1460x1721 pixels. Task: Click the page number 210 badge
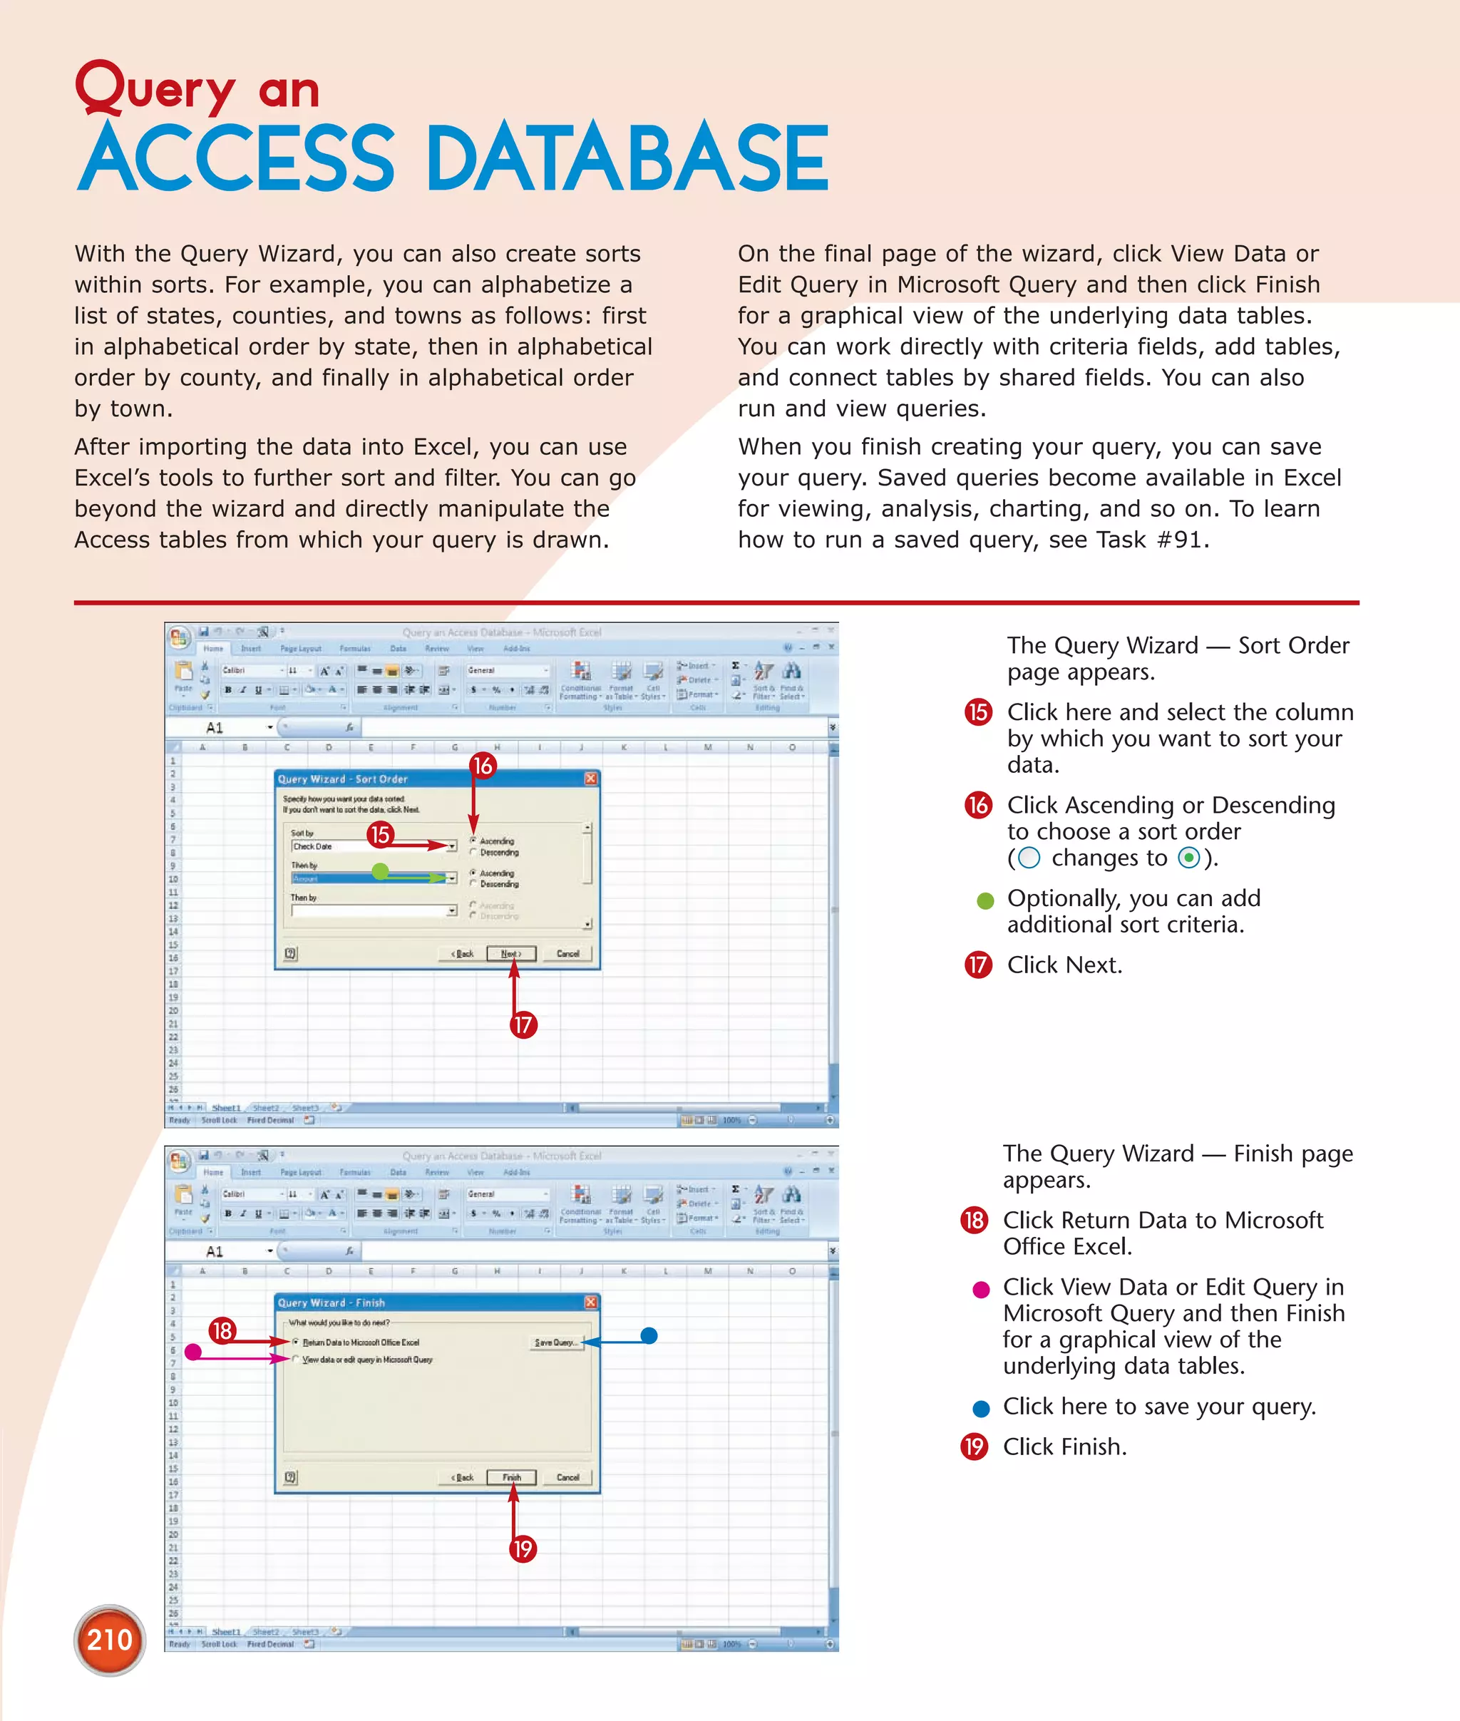(109, 1639)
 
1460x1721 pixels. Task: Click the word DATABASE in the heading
(629, 158)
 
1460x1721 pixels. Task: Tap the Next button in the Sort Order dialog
(510, 954)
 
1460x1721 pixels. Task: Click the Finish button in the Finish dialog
(511, 1476)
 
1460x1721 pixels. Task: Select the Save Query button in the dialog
(555, 1342)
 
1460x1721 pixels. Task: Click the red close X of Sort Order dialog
(590, 778)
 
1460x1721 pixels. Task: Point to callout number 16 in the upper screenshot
(483, 765)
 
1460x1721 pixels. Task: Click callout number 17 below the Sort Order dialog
(523, 1024)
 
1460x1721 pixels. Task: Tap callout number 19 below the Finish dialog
(523, 1548)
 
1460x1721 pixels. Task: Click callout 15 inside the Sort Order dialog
(380, 833)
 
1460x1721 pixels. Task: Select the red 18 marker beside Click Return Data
(974, 1221)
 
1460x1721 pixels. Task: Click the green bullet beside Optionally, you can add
(985, 900)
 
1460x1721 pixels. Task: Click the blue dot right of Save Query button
(649, 1335)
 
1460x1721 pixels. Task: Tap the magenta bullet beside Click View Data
(981, 1290)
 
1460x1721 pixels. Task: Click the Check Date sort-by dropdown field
(372, 846)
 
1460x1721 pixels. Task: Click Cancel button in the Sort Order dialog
(567, 954)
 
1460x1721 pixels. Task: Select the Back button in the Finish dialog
(463, 1476)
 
